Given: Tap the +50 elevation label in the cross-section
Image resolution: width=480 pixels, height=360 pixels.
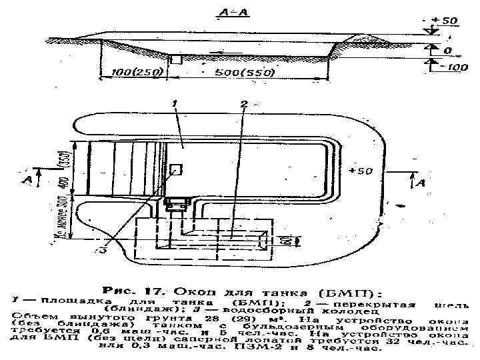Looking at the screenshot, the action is (443, 21).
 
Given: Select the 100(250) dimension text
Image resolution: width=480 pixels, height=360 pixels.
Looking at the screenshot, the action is (131, 72).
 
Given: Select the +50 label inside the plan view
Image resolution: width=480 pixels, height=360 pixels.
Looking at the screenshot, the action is (359, 172).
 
